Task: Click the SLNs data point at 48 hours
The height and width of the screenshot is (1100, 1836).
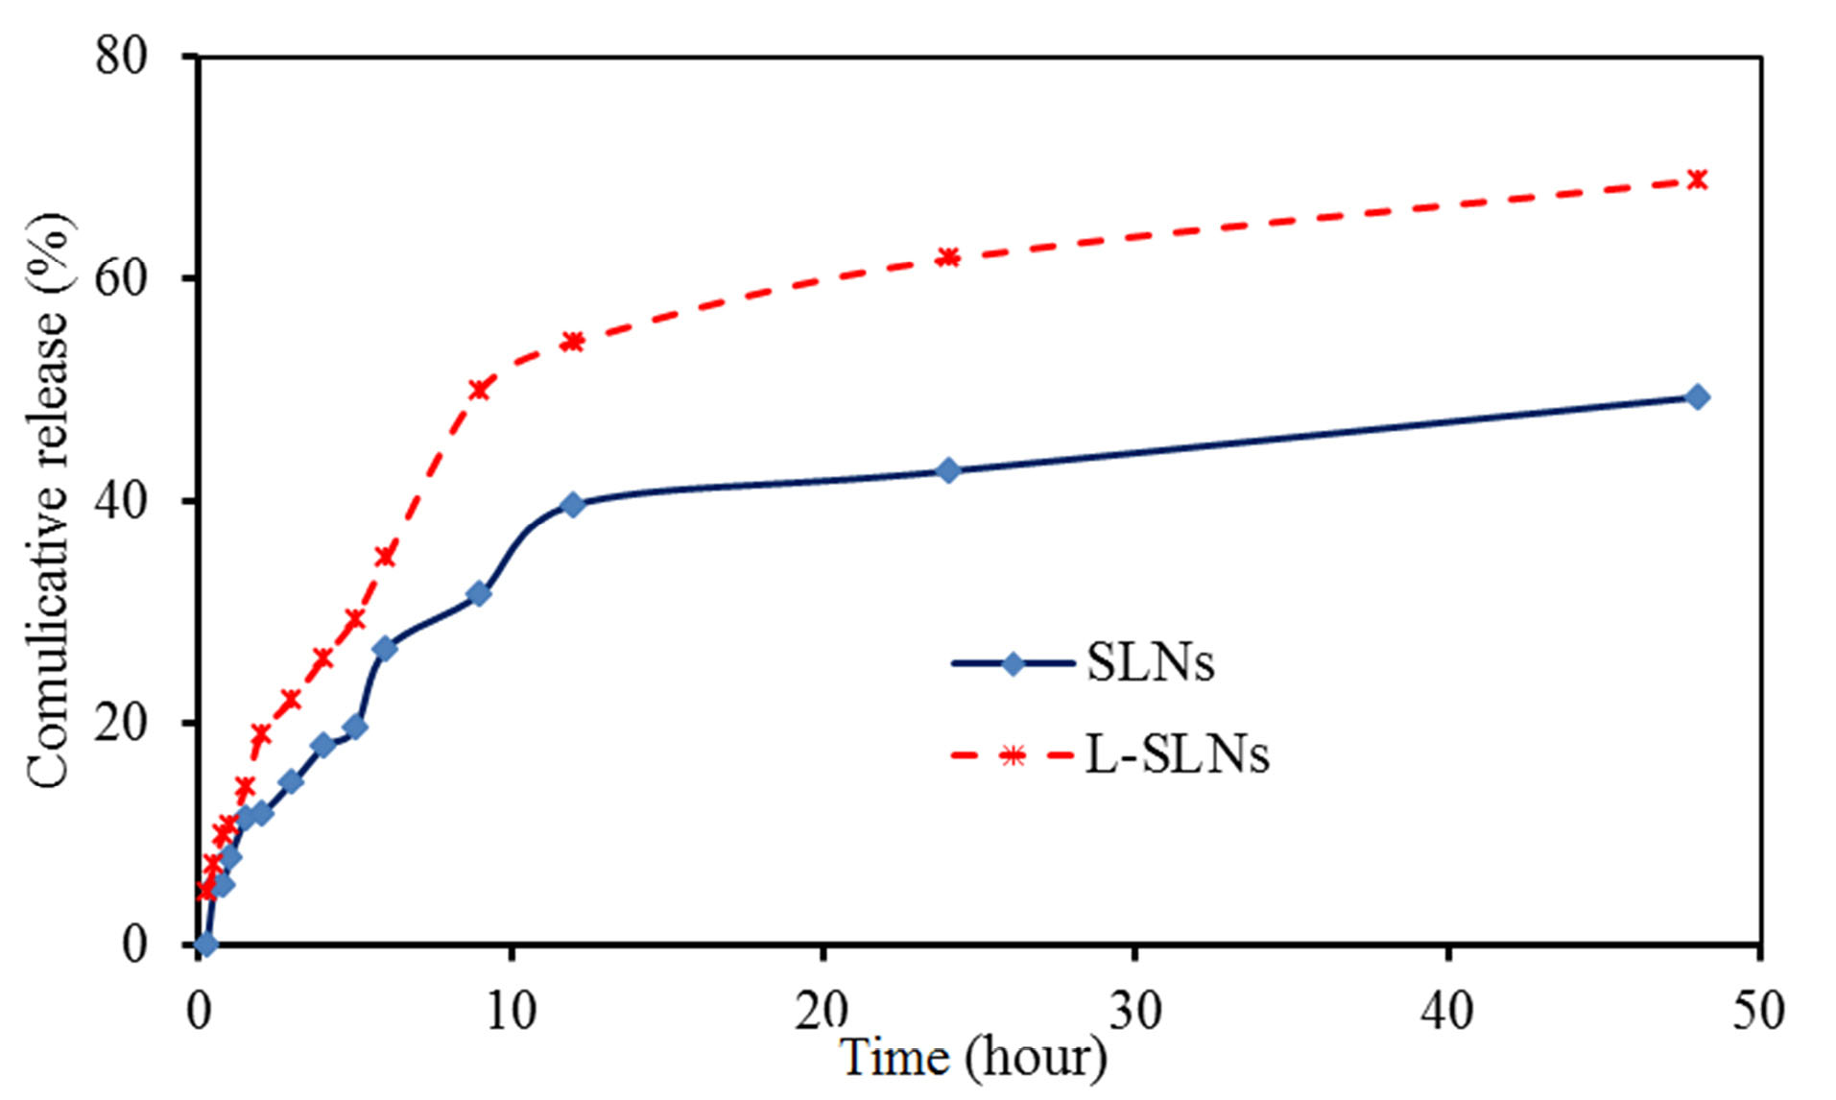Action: tap(1697, 396)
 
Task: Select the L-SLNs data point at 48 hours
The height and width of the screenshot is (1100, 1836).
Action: tap(1697, 179)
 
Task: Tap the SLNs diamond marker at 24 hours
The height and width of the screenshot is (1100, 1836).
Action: tap(947, 470)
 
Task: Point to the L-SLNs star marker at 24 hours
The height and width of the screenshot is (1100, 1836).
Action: tap(947, 257)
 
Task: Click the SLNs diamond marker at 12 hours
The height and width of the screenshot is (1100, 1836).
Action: tap(573, 505)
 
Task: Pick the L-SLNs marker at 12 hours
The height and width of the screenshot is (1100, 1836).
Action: tap(573, 342)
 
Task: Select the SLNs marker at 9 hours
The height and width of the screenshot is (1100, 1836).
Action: tap(479, 594)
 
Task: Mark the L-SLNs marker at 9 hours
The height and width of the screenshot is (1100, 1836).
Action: tap(479, 389)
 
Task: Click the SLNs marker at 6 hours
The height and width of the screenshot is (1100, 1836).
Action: tap(385, 648)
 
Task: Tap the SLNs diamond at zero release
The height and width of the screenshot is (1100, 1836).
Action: tap(205, 945)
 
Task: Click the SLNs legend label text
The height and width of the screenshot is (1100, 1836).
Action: tap(1150, 662)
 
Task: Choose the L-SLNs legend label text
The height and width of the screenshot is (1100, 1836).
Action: tap(1178, 754)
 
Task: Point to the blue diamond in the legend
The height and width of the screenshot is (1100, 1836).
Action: tap(1013, 663)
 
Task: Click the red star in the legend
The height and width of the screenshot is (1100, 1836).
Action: tap(1013, 756)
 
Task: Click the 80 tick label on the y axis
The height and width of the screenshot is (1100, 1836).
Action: tap(122, 56)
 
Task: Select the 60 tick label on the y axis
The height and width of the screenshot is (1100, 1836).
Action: tap(122, 278)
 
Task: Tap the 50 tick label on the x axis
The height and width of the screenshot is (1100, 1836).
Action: tap(1758, 1010)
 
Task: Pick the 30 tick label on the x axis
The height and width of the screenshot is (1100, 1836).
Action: tap(1134, 1010)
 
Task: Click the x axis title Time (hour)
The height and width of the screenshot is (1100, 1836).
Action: tap(973, 1058)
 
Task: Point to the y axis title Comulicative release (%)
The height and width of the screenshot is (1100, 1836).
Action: tap(48, 499)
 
